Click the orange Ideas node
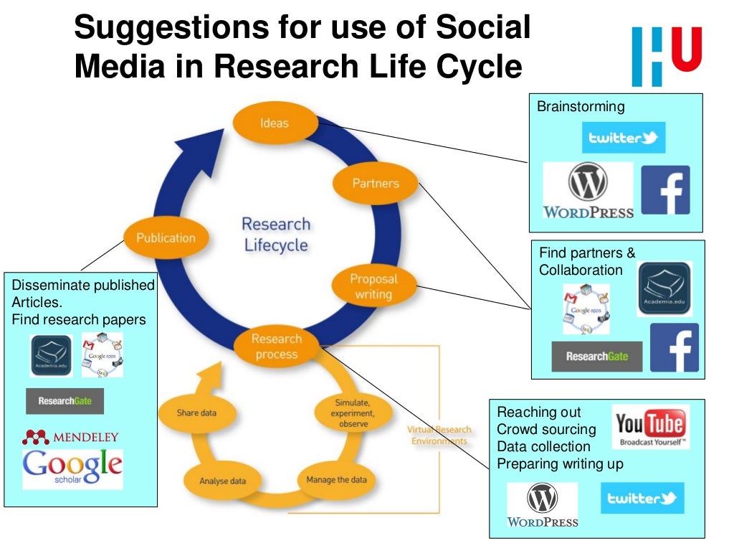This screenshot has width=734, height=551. (x=275, y=123)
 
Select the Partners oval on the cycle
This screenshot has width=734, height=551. (x=375, y=184)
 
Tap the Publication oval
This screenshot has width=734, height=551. (x=166, y=237)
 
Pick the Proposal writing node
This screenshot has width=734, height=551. (x=373, y=286)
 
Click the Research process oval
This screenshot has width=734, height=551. (x=276, y=347)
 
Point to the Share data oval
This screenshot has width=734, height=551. (x=196, y=413)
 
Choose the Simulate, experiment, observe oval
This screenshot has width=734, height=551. (x=353, y=413)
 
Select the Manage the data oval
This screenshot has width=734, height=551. (x=336, y=480)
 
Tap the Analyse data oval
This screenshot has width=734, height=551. (x=222, y=481)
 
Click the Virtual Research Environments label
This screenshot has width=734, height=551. (x=439, y=435)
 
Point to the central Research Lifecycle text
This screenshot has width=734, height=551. (x=276, y=235)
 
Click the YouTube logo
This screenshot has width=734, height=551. (x=651, y=426)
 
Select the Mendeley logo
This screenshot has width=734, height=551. (x=70, y=436)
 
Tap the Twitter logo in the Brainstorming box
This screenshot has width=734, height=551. (x=623, y=138)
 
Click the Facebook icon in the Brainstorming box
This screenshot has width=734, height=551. (x=665, y=190)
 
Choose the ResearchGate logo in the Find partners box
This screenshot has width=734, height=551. (x=596, y=356)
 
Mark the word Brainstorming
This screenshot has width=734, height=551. (x=581, y=107)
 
